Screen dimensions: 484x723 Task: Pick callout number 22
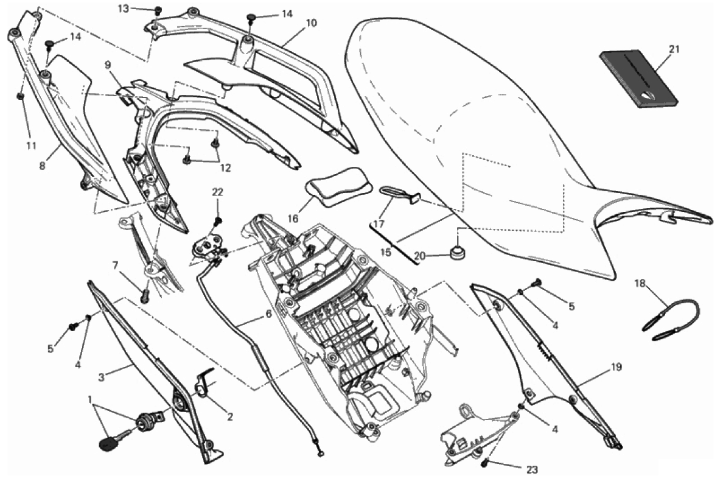coord(218,192)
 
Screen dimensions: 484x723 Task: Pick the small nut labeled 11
coord(20,96)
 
